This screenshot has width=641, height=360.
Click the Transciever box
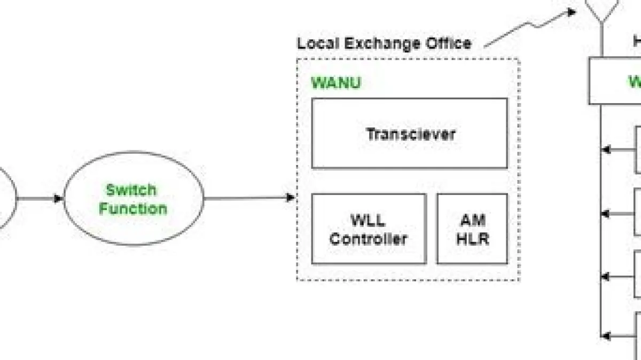(410, 134)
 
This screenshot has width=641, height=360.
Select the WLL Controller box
(369, 229)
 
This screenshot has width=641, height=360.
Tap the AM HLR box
(472, 229)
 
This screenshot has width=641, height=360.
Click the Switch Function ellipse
(134, 199)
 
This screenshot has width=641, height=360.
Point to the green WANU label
(336, 83)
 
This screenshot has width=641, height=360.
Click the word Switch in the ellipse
(131, 190)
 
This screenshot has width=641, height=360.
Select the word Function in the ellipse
(133, 208)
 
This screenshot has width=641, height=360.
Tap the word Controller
(369, 239)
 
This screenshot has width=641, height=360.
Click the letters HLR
(472, 239)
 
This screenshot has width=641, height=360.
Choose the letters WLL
(368, 220)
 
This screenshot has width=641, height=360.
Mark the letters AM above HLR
(472, 220)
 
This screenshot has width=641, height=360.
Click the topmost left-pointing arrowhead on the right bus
(606, 150)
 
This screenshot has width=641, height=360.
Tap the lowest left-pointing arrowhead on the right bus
(606, 336)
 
